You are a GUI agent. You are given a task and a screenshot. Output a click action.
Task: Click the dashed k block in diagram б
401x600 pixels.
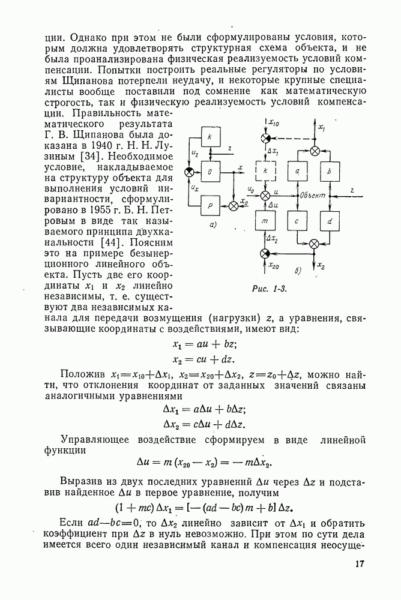coord(265,171)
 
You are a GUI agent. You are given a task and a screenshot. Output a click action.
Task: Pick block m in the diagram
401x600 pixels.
coord(265,222)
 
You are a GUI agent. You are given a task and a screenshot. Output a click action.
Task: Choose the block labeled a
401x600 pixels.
coord(298,171)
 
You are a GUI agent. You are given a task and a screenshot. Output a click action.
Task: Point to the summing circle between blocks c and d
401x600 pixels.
coord(314,243)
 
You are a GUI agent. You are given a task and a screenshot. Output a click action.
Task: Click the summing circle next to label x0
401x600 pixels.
coord(234,205)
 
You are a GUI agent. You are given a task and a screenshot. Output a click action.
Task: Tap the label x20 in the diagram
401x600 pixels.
coord(274,265)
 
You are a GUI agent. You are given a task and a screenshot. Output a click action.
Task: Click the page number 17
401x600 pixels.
coord(359,564)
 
